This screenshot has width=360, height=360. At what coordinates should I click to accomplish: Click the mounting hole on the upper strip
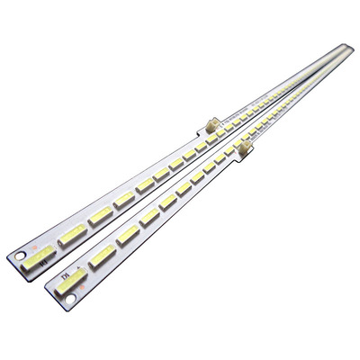pos(21,254)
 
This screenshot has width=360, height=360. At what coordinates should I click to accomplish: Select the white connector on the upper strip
pos(205,130)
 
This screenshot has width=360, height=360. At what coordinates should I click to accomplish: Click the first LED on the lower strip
pos(72,275)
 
